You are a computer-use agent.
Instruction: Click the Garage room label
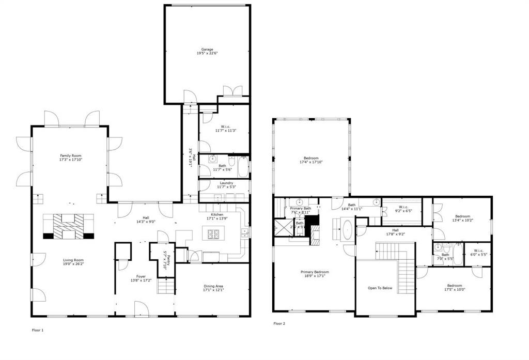207,50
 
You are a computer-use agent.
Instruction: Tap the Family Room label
70,155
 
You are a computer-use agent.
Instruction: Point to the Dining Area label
213,286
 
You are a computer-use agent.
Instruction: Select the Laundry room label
226,183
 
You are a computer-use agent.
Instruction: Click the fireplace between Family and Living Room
69,226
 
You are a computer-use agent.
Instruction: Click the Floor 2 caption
279,324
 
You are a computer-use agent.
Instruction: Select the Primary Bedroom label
315,272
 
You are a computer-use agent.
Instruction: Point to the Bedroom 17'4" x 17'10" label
311,158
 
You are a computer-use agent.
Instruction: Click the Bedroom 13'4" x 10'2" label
462,216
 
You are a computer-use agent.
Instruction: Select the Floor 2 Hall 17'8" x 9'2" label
395,230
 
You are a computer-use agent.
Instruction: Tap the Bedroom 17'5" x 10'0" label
455,286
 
